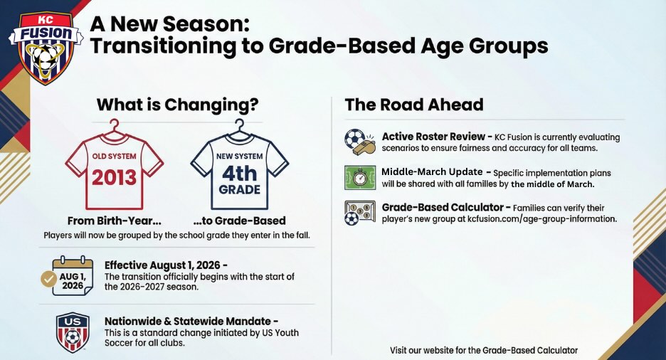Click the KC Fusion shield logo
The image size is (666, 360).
tap(46, 48)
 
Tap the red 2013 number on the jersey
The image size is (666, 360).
tap(115, 177)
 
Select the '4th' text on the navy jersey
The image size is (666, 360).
tap(240, 173)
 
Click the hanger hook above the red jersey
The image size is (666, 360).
tap(115, 126)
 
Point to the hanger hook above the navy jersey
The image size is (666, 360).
tap(240, 126)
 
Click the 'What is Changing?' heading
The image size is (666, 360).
tap(178, 105)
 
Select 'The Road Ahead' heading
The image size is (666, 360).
tap(414, 105)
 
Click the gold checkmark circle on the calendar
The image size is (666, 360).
tap(48, 279)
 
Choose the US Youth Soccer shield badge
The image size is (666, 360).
tap(73, 333)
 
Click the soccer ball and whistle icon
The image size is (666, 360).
tap(360, 142)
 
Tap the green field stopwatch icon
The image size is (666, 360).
tap(360, 177)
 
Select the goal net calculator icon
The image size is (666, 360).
tap(360, 213)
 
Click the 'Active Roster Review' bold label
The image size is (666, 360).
tap(433, 137)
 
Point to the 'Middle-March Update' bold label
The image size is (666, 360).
tap(432, 172)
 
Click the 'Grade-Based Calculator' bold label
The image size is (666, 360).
tap(443, 208)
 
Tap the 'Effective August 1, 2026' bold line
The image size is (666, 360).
tap(163, 265)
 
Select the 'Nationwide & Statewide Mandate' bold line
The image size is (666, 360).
tap(188, 322)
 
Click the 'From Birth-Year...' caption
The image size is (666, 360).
tap(115, 221)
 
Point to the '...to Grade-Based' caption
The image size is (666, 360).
tap(239, 221)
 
